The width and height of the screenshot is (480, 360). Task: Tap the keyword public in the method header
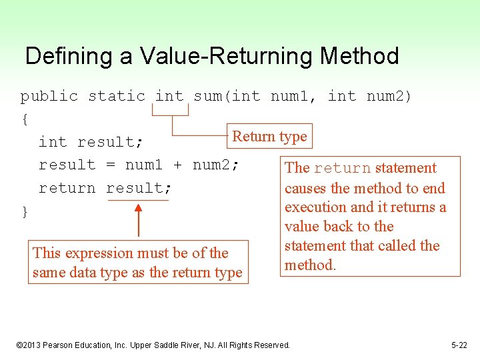coord(49,96)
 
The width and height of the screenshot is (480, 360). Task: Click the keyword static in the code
coord(116,96)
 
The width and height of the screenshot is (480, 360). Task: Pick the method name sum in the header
coord(207,96)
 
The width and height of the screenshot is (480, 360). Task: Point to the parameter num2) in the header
coord(389,96)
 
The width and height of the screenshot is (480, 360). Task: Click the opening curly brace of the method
coord(25,119)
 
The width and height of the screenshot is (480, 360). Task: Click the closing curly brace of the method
coord(25,212)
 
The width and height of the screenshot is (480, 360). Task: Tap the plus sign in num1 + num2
coord(178,165)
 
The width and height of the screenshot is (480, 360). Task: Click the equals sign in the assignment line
coord(111,165)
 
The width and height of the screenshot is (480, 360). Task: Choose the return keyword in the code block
coord(67,188)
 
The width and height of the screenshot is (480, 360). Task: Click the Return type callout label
coord(269,137)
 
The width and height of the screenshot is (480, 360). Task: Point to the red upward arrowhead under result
coord(138,209)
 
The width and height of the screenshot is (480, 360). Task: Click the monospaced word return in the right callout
coord(342,168)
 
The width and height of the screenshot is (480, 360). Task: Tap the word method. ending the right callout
coord(310,265)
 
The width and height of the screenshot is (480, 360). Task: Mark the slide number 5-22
coord(459,345)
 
